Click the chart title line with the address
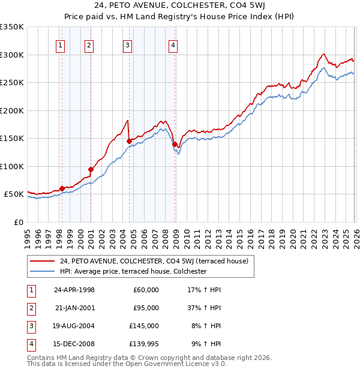click(180, 7)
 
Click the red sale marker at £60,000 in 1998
click(62, 188)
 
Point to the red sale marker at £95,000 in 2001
click(91, 169)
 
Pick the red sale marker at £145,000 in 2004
click(129, 142)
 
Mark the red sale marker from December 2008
click(175, 144)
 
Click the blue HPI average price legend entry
click(133, 271)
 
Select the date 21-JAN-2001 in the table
click(74, 308)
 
